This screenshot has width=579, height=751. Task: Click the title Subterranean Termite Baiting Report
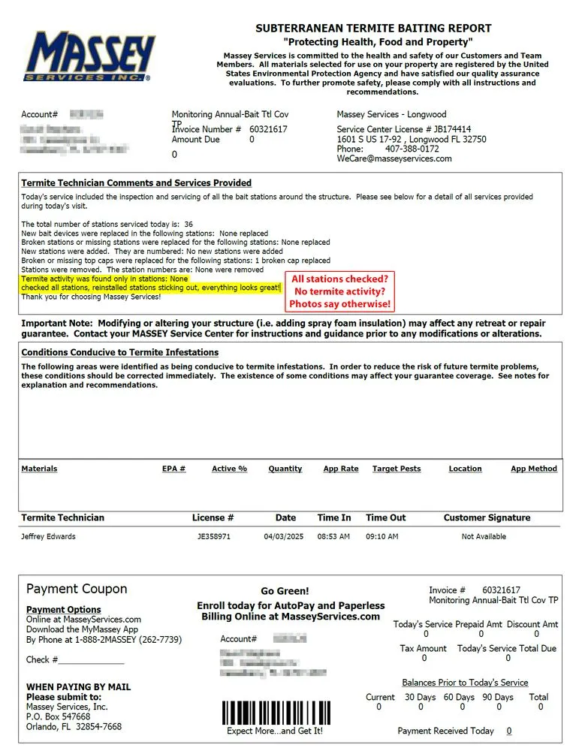[x=373, y=29]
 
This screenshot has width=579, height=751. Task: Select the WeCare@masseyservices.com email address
[x=394, y=158]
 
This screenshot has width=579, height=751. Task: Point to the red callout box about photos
[x=340, y=291]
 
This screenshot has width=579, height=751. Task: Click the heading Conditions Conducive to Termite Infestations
[x=120, y=352]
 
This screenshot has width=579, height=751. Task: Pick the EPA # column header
[x=173, y=469]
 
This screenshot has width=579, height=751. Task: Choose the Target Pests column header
[x=397, y=469]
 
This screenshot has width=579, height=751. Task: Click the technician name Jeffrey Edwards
[x=48, y=536]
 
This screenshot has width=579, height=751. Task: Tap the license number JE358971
[x=215, y=536]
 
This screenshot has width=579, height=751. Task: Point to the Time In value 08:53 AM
[x=333, y=536]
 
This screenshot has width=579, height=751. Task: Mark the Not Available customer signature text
[x=484, y=536]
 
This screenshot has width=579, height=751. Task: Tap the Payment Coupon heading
[x=77, y=589]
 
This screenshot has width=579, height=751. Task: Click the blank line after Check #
[x=91, y=661]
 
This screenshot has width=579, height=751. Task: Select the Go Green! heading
[x=285, y=591]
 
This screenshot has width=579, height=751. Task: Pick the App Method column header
[x=533, y=469]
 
